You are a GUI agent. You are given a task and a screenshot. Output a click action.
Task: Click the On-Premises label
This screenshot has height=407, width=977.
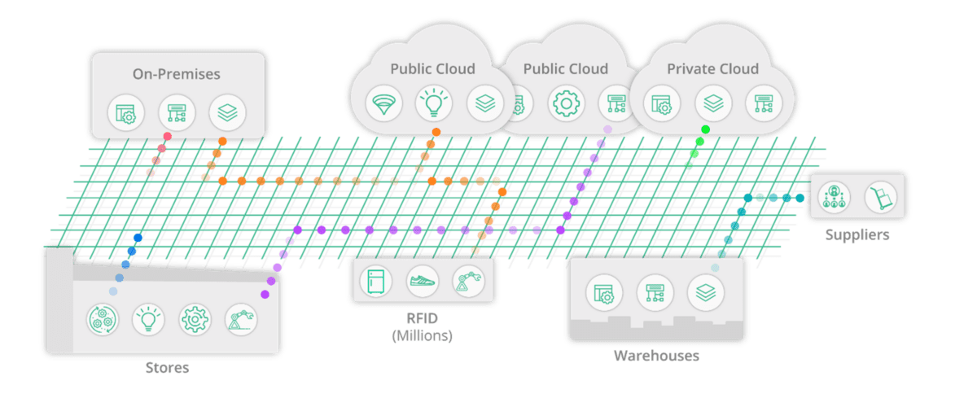[x=177, y=74]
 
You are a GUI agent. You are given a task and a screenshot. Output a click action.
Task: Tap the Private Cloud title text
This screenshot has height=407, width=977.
[x=712, y=69]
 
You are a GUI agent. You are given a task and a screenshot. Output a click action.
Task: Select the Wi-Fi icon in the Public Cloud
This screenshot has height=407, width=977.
[x=382, y=104]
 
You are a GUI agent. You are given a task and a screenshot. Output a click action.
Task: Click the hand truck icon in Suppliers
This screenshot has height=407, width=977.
[x=880, y=197]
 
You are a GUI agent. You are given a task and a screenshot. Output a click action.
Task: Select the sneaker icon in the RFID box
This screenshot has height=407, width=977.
[x=423, y=282]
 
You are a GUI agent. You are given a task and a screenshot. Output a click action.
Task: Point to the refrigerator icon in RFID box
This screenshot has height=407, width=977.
[x=376, y=282]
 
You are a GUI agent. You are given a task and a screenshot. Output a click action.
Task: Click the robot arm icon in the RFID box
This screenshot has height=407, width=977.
[x=469, y=282]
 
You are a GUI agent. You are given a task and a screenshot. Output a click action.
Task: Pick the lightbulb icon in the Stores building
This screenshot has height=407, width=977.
[x=149, y=320]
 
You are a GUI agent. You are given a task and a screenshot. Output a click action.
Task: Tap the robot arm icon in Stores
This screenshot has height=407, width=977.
[x=241, y=320]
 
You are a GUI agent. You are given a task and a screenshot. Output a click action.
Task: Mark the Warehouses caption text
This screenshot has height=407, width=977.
[x=656, y=356]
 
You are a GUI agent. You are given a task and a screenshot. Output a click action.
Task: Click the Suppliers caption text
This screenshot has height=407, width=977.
[x=857, y=235]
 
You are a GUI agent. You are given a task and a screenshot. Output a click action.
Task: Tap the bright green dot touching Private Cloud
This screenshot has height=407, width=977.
[x=705, y=129]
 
